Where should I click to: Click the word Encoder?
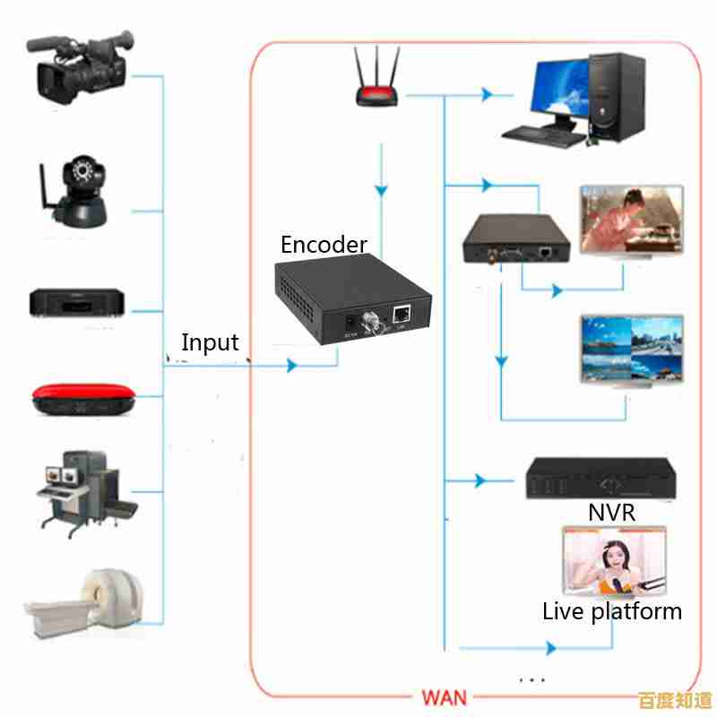pyautogui.click(x=324, y=245)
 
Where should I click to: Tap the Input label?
pyautogui.click(x=210, y=342)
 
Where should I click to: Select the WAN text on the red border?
pyautogui.click(x=445, y=696)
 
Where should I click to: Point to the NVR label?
pyautogui.click(x=612, y=513)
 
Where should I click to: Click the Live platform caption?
pyautogui.click(x=612, y=612)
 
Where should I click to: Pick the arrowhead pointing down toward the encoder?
pyautogui.click(x=382, y=191)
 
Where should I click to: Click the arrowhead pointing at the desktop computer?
pyautogui.click(x=488, y=93)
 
